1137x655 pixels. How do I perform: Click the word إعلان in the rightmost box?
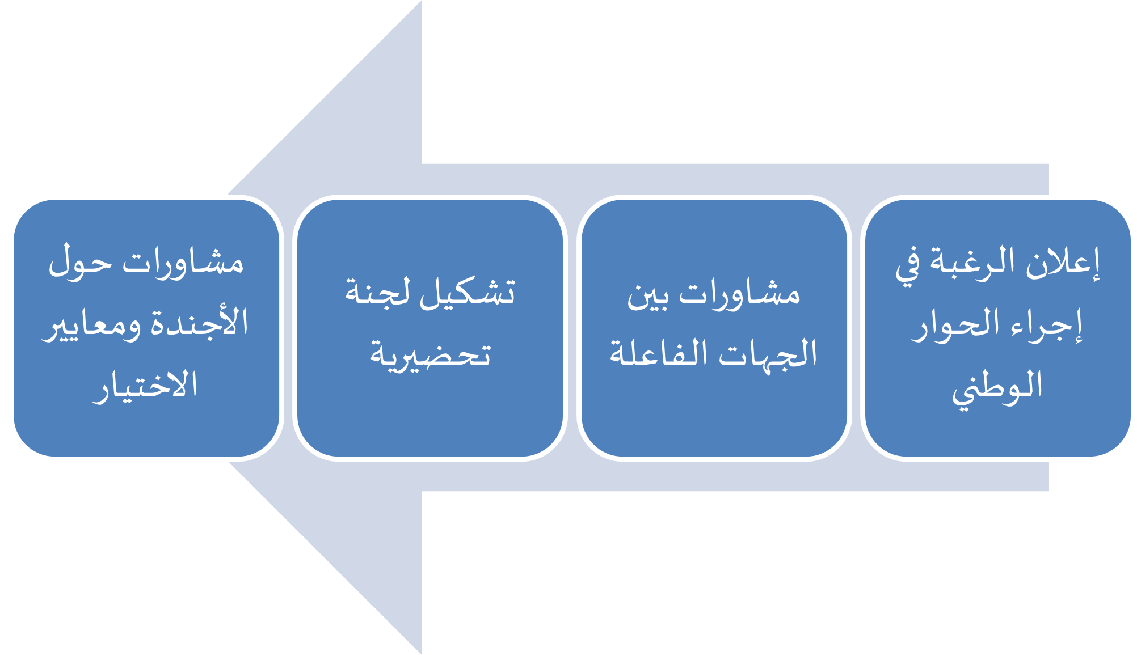(x=1063, y=264)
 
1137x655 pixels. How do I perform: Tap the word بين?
(x=647, y=296)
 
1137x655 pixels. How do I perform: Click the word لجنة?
(x=377, y=292)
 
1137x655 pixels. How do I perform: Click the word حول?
(x=80, y=262)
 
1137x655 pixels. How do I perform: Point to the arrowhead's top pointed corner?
(x=422, y=1)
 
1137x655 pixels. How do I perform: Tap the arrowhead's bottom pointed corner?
(x=422, y=654)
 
